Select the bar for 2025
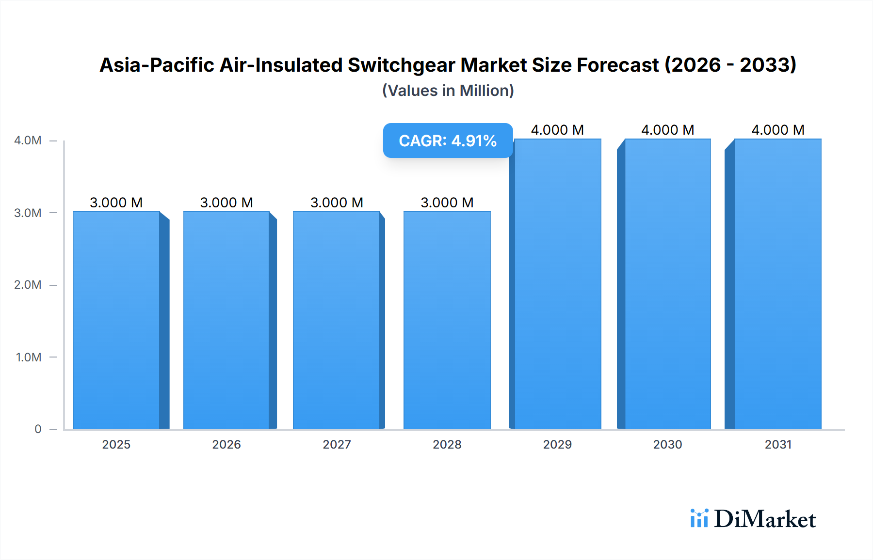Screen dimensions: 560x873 point(116,320)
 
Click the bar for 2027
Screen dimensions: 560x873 point(337,320)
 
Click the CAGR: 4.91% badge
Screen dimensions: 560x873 point(448,140)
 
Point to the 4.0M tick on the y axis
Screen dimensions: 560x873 point(28,140)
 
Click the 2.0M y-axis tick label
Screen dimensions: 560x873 point(28,285)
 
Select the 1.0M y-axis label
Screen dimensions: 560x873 point(29,358)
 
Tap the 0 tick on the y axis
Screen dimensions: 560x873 point(38,429)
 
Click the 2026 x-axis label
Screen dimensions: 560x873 point(226,444)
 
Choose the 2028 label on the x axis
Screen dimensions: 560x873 point(447,444)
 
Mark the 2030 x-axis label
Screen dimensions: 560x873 point(668,444)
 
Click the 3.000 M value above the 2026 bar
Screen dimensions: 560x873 point(226,202)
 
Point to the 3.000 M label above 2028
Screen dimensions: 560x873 point(447,202)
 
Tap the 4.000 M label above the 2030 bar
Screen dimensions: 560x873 point(668,130)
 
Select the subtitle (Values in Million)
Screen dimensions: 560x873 point(448,91)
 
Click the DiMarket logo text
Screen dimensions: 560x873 point(765,519)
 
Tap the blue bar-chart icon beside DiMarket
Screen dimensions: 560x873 point(699,518)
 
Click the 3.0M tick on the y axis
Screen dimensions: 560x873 point(28,213)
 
